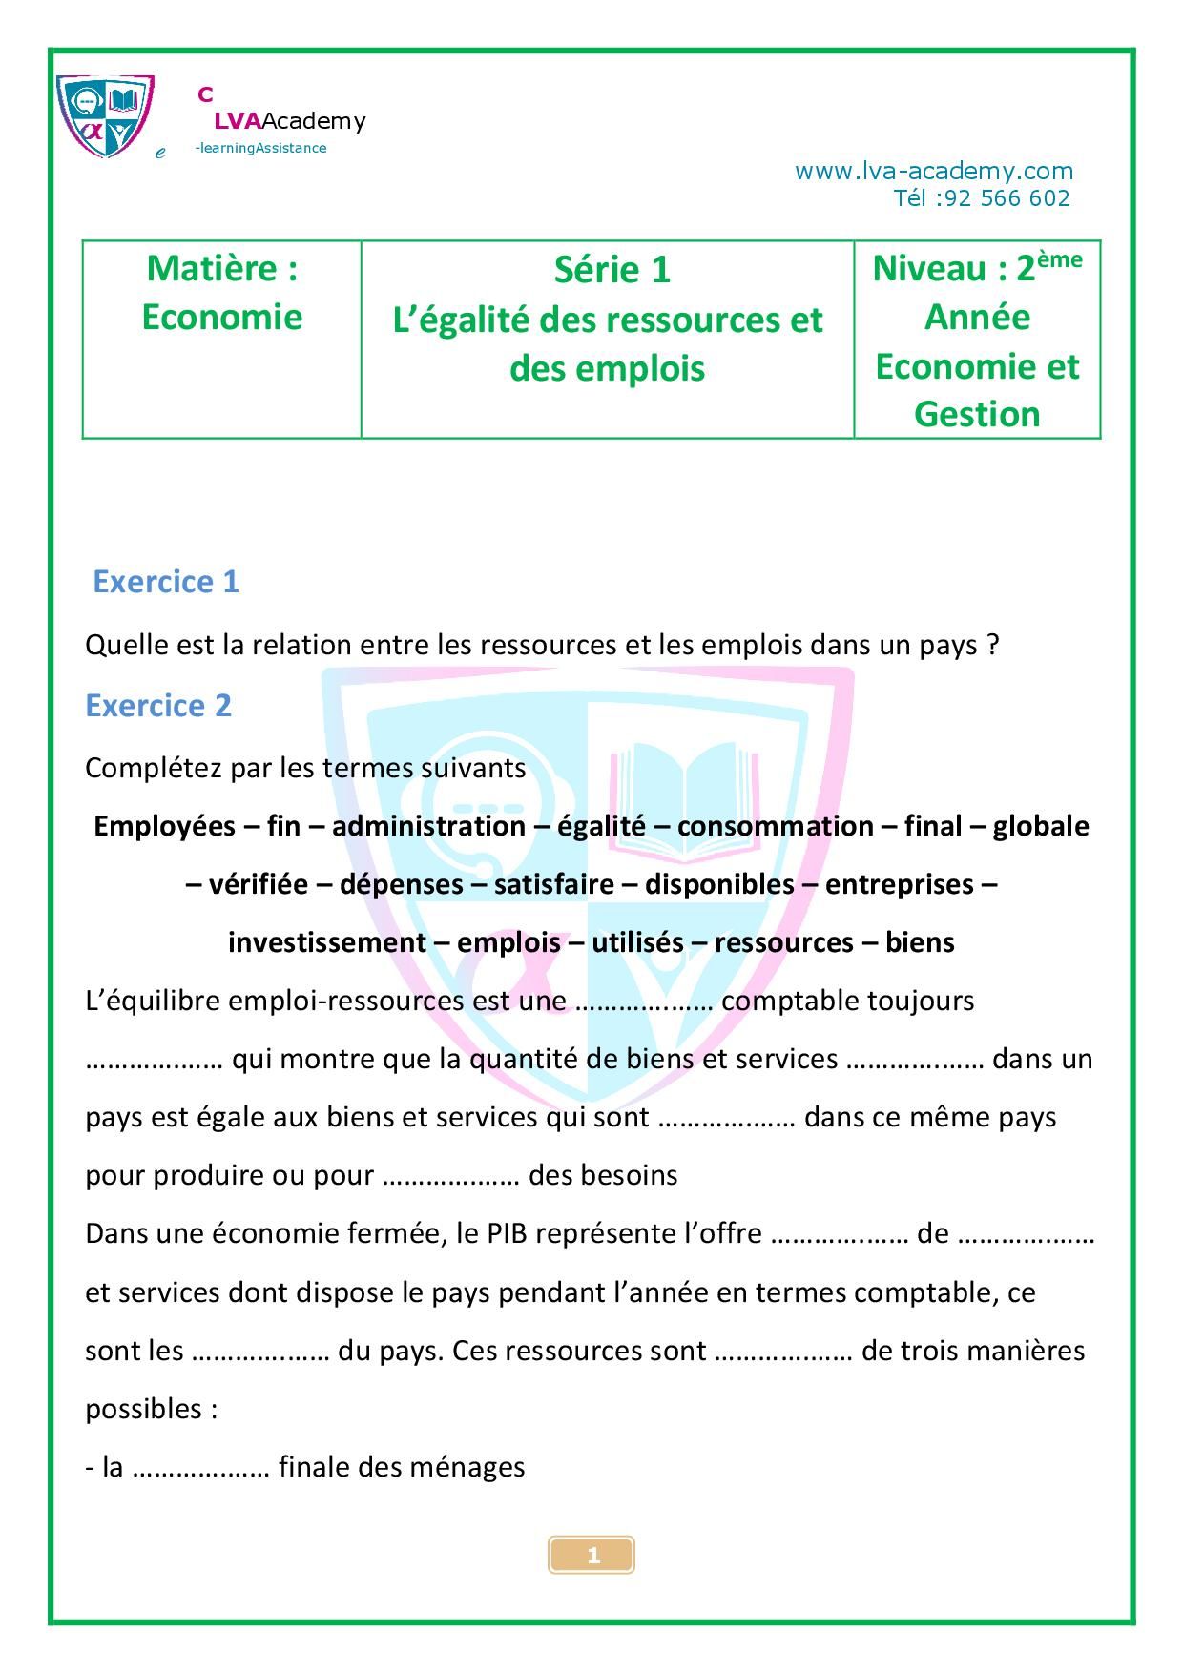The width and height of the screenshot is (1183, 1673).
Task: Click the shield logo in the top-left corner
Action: click(105, 115)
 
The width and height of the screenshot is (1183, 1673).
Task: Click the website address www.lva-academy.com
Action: click(933, 171)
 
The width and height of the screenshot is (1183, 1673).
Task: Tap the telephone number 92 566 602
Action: click(1003, 198)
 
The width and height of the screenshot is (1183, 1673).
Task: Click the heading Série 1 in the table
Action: click(612, 270)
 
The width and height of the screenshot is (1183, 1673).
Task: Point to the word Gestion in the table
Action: click(976, 415)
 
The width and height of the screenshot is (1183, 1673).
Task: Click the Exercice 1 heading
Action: click(165, 582)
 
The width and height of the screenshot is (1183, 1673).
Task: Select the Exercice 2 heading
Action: click(158, 706)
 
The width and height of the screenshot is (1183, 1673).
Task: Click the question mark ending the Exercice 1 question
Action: click(992, 646)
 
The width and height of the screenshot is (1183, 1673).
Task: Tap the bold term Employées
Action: click(164, 826)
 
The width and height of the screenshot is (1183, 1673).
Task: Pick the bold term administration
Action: click(428, 826)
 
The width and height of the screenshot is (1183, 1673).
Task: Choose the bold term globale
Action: click(1040, 826)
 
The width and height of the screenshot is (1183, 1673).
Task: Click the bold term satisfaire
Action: click(553, 884)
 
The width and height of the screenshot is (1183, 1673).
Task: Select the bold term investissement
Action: click(326, 942)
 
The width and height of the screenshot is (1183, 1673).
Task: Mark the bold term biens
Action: click(919, 942)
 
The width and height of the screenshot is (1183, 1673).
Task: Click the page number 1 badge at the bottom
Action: click(591, 1556)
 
